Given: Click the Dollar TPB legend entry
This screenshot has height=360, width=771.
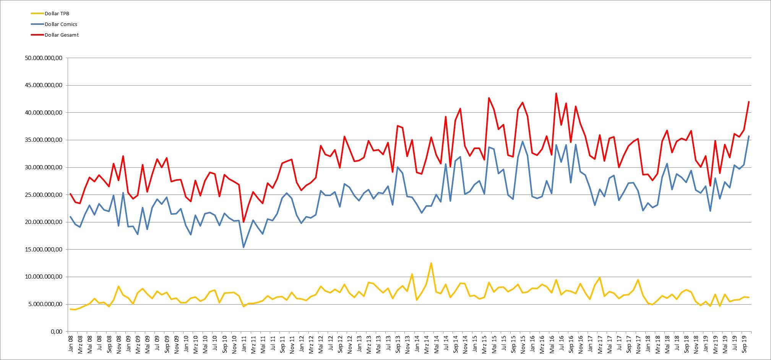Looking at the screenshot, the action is click(x=50, y=13).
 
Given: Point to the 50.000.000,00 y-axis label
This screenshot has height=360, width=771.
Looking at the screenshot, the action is click(x=44, y=58).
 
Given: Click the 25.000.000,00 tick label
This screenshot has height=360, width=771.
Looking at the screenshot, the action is click(x=44, y=195).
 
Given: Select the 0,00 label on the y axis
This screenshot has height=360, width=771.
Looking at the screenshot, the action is click(x=57, y=331).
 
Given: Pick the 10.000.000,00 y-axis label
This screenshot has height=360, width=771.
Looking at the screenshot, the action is click(x=44, y=277).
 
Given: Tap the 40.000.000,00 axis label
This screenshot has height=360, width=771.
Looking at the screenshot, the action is click(x=44, y=113).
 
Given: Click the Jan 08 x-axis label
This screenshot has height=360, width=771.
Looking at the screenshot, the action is click(x=71, y=344).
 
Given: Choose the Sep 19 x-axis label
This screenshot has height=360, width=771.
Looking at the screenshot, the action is click(x=744, y=344).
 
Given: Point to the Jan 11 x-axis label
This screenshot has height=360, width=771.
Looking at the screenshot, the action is click(x=244, y=344).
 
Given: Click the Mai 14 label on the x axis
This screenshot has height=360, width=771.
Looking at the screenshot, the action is click(x=437, y=344).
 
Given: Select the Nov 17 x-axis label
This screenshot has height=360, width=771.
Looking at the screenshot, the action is click(x=638, y=344).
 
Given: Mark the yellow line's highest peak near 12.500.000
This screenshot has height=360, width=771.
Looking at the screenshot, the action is click(x=431, y=263).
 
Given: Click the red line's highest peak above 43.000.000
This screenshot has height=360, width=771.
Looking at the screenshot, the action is click(x=556, y=93).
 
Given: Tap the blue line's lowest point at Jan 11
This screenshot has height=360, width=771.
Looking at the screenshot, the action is click(x=243, y=247).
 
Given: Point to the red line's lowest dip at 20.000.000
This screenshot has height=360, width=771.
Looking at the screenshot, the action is click(x=243, y=222).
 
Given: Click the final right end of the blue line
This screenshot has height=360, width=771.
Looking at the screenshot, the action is click(x=749, y=136).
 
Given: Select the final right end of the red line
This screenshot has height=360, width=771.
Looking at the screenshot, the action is click(x=749, y=102).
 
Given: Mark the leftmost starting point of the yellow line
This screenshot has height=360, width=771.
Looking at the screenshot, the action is click(x=70, y=309).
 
